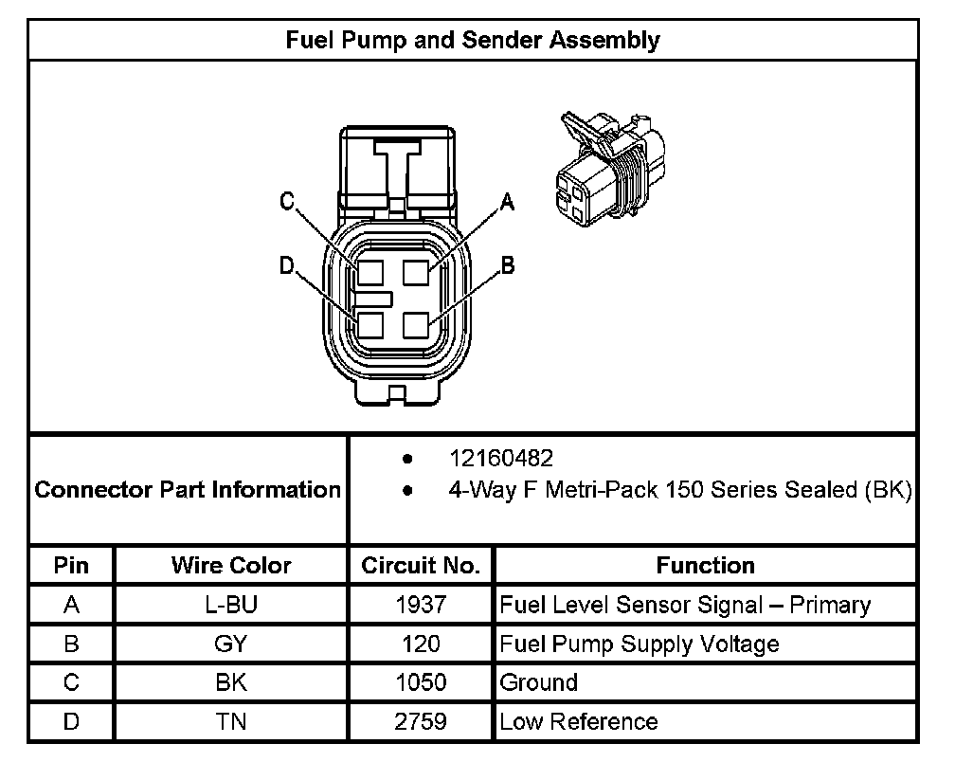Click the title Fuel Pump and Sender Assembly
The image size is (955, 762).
(x=473, y=40)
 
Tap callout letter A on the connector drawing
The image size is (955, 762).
(x=507, y=201)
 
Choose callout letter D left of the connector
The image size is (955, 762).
(x=287, y=266)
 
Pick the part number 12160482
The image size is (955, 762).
(x=500, y=459)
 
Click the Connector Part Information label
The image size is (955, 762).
(x=188, y=490)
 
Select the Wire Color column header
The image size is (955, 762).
(x=231, y=566)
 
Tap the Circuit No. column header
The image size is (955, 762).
(x=421, y=566)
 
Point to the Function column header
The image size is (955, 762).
(x=705, y=566)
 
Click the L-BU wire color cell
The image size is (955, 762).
(x=231, y=605)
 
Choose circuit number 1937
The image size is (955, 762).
(x=421, y=605)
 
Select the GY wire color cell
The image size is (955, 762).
(x=231, y=644)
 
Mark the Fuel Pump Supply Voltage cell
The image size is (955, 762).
(x=640, y=644)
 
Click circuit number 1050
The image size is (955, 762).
(x=421, y=683)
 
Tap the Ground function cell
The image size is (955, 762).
(x=538, y=683)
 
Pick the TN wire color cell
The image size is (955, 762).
(x=231, y=722)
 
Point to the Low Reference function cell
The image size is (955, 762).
(x=578, y=722)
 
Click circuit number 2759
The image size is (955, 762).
(x=421, y=722)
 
